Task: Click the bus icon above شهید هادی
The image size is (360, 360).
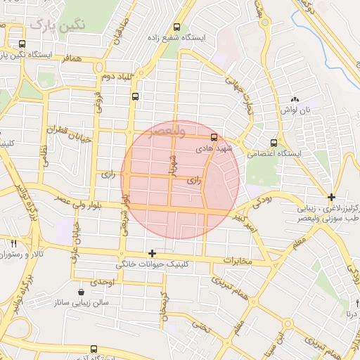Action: (x=214, y=139)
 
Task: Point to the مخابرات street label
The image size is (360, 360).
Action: (x=238, y=261)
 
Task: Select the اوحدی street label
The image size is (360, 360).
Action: (x=103, y=281)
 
